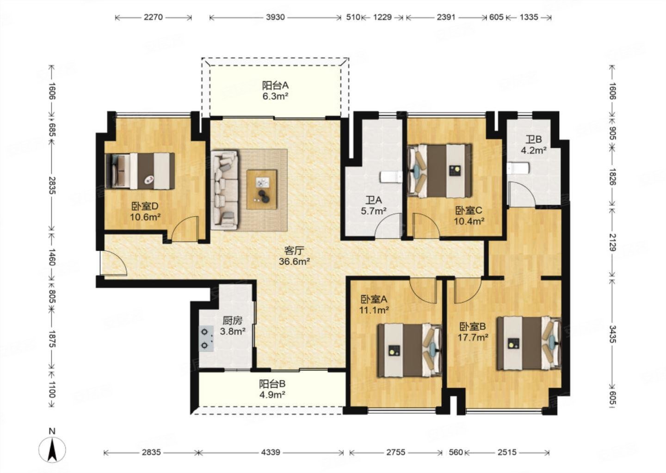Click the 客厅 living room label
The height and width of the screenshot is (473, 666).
pyautogui.click(x=294, y=251)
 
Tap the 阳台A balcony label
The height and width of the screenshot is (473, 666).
pyautogui.click(x=275, y=85)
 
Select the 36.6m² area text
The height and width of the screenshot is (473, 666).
pyautogui.click(x=294, y=261)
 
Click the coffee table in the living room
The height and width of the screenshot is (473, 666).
pyautogui.click(x=262, y=189)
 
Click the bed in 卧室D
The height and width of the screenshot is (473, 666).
pyautogui.click(x=140, y=171)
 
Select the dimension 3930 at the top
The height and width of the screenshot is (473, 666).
pyautogui.click(x=275, y=17)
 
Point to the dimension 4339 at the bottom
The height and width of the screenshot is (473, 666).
pyautogui.click(x=271, y=452)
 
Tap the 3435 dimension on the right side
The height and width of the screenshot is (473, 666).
pyautogui.click(x=613, y=334)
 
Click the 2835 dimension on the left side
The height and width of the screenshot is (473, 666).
pyautogui.click(x=52, y=186)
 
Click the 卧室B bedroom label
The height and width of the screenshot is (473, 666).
pyautogui.click(x=473, y=327)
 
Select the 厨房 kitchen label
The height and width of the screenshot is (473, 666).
pyautogui.click(x=233, y=321)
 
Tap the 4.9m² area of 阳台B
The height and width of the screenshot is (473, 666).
pyautogui.click(x=272, y=394)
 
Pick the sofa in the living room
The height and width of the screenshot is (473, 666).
pyautogui.click(x=225, y=190)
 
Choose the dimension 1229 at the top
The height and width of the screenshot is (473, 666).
pyautogui.click(x=382, y=17)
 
